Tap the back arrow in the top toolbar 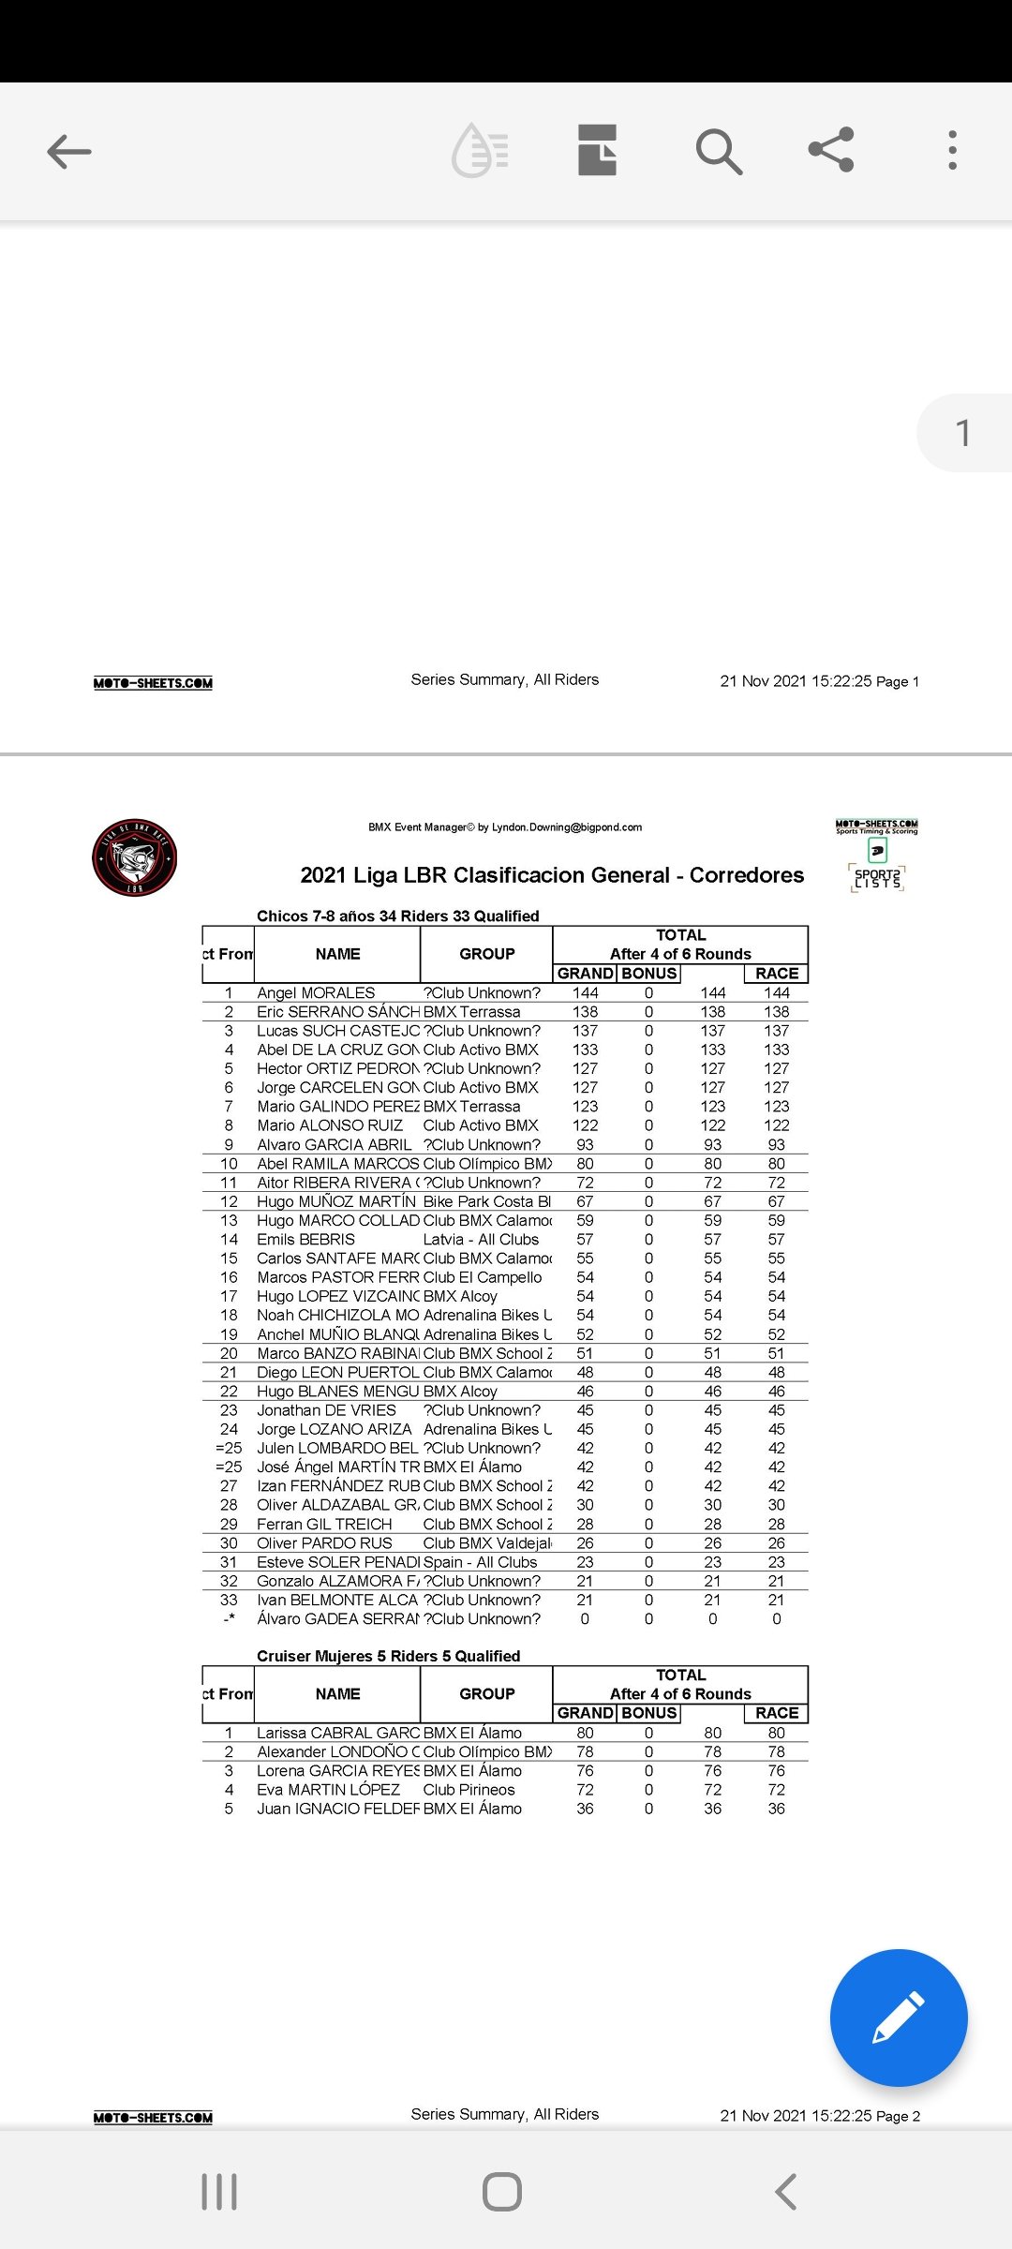(x=69, y=151)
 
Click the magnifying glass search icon (x=719, y=151)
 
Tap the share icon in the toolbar (x=831, y=150)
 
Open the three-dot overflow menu (x=952, y=150)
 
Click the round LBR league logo (x=134, y=857)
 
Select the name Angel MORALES (x=316, y=993)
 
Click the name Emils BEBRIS (x=305, y=1240)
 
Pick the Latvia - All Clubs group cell (x=481, y=1240)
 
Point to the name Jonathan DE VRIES (x=326, y=1410)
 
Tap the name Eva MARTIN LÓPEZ (x=328, y=1790)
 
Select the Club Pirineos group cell (x=469, y=1790)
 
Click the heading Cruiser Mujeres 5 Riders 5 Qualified (x=388, y=1656)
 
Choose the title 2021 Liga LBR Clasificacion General (x=552, y=875)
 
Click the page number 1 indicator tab (x=963, y=433)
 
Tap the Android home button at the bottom (x=502, y=2192)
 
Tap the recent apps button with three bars (x=219, y=2192)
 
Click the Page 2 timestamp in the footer (x=820, y=2116)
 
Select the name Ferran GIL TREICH (x=324, y=1525)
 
